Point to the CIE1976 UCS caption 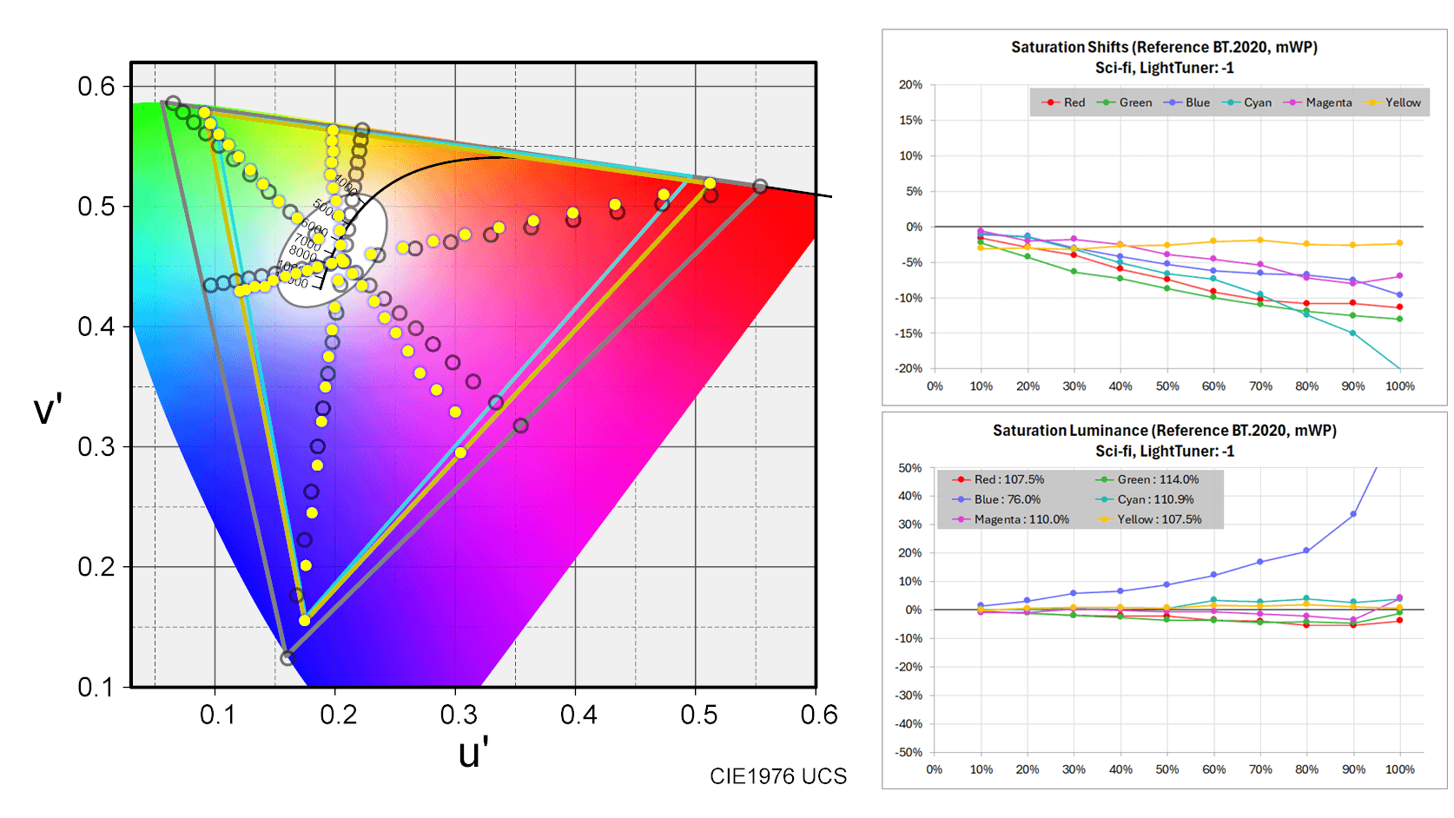point(777,776)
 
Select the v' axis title point(48,410)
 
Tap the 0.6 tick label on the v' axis point(96,87)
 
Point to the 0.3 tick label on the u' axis point(458,715)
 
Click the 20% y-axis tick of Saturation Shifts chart point(910,85)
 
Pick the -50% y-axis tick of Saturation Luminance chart point(909,752)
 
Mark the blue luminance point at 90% point(1353,514)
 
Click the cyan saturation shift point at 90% point(1352,333)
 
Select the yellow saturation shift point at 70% point(1260,241)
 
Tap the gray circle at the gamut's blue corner point(287,658)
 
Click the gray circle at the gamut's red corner point(760,187)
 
